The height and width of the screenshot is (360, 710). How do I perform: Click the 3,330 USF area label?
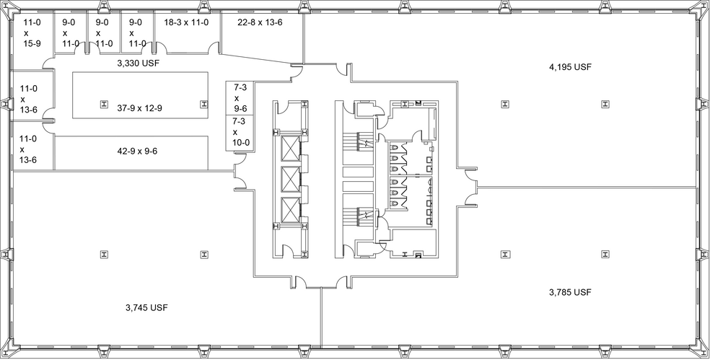point(138,63)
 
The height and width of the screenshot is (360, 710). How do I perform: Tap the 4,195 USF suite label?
point(571,67)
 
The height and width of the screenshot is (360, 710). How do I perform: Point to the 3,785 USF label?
point(570,292)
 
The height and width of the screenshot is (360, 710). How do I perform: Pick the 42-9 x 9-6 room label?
point(137,152)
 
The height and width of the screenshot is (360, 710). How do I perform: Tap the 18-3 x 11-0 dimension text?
point(186,22)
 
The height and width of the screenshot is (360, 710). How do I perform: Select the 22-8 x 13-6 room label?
point(260,22)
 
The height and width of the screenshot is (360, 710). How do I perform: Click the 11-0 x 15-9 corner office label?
point(31,33)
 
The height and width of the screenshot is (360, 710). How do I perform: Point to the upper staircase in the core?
point(358,141)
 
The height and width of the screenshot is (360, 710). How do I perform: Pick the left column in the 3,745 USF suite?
point(104,253)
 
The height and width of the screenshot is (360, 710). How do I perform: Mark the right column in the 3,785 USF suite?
point(604,253)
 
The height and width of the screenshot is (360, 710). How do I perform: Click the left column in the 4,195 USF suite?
point(503,104)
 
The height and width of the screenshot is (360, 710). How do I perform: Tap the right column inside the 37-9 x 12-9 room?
point(203,104)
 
